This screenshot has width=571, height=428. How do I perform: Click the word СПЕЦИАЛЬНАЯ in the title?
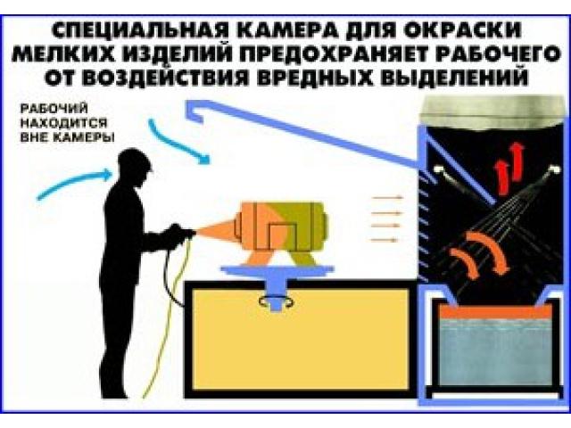tap(122, 23)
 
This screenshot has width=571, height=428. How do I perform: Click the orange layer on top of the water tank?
tap(492, 313)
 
